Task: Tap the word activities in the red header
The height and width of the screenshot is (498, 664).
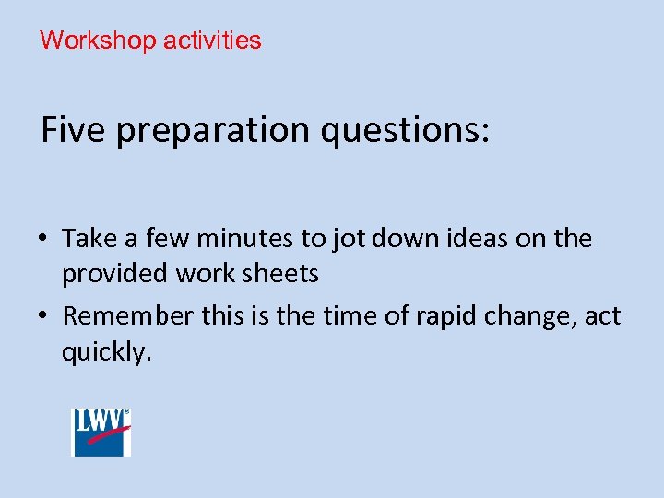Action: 212,41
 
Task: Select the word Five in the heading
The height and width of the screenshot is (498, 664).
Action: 73,130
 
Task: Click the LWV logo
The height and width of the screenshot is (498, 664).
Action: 101,432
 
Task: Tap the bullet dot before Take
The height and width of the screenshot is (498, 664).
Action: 46,240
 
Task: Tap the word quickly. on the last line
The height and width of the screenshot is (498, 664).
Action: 105,353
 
